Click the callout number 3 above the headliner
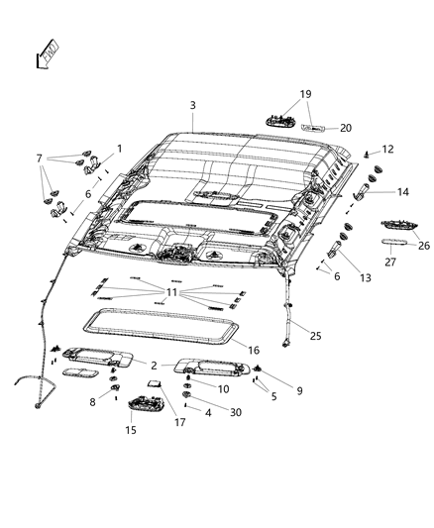[x=193, y=106]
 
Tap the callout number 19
[x=304, y=94]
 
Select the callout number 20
[x=346, y=128]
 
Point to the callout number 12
[x=387, y=150]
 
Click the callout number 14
[x=402, y=192]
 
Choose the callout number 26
[x=423, y=246]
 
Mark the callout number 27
[x=389, y=263]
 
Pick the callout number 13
[x=366, y=279]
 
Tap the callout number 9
[x=298, y=390]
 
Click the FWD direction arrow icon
[x=47, y=53]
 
